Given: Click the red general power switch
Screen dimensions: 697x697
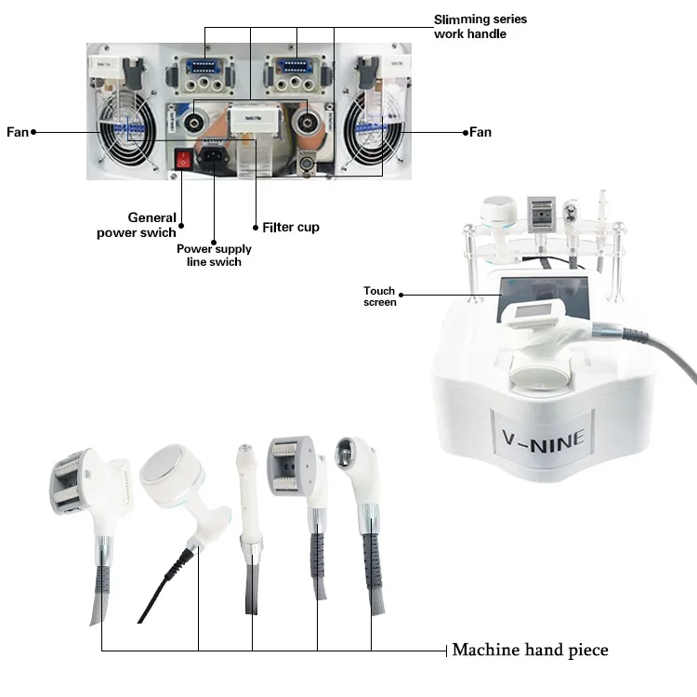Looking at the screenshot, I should point(184,160).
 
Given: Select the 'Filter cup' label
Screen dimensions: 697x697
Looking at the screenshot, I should point(291,227).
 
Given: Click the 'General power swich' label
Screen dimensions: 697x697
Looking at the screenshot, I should point(138,225).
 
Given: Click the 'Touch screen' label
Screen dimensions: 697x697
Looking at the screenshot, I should point(379,296).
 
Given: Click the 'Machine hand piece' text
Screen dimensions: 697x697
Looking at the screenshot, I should point(530,650).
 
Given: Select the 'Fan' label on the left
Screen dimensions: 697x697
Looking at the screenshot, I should point(18,132).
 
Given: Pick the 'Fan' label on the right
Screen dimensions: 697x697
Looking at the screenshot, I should point(480,132).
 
